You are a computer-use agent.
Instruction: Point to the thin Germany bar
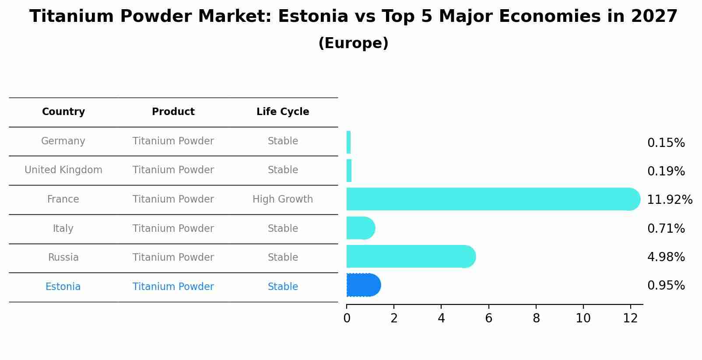pos(348,142)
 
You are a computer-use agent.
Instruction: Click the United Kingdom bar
pos(349,171)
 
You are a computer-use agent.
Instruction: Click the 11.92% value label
pos(669,200)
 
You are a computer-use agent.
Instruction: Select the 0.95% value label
pos(666,286)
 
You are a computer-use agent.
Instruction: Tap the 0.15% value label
pos(666,143)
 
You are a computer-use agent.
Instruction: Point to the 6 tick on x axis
pos(488,318)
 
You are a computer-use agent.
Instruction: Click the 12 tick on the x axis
pos(630,318)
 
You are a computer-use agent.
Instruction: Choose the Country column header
pos(63,112)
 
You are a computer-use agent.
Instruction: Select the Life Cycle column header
pos(283,112)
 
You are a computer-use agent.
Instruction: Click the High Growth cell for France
pos(283,199)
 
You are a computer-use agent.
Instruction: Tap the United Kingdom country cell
pos(63,170)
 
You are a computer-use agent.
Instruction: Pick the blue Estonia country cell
pos(63,287)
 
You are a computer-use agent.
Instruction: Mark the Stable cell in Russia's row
pos(283,258)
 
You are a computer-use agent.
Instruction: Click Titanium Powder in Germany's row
pos(173,141)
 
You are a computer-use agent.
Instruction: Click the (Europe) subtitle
pos(353,43)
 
